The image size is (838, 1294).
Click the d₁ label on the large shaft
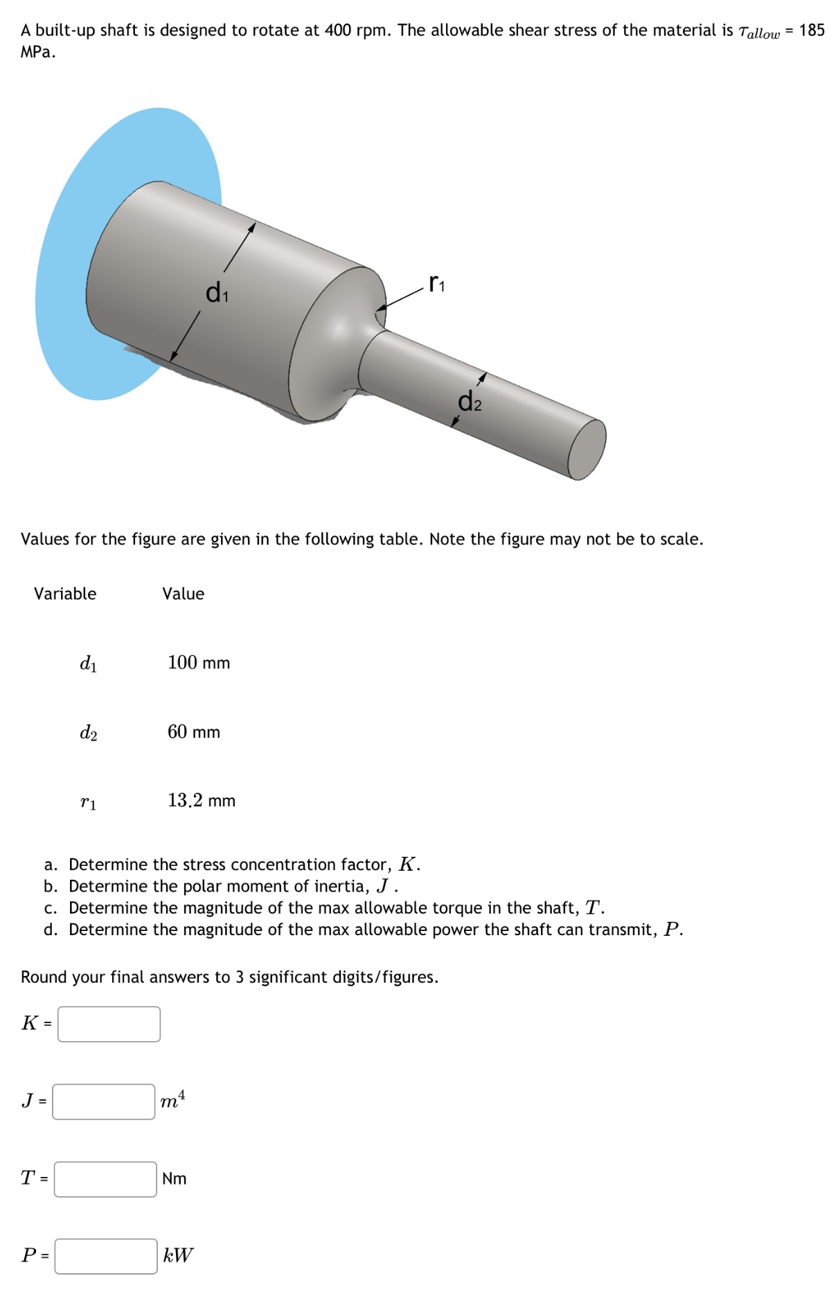pyautogui.click(x=217, y=292)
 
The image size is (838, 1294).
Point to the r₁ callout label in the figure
pyautogui.click(x=437, y=283)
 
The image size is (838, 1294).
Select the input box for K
pyautogui.click(x=109, y=1024)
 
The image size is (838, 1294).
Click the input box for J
pyautogui.click(x=104, y=1101)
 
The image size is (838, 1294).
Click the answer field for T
pyautogui.click(x=105, y=1179)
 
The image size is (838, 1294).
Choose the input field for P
pyautogui.click(x=106, y=1256)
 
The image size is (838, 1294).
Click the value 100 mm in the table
pyautogui.click(x=198, y=663)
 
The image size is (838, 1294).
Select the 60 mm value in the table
pyautogui.click(x=193, y=732)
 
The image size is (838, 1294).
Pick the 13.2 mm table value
pyautogui.click(x=201, y=801)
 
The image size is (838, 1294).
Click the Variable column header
pyautogui.click(x=65, y=594)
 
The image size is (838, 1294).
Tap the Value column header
pyautogui.click(x=183, y=594)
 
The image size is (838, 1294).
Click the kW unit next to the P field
pyautogui.click(x=178, y=1255)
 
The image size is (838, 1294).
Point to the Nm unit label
pyautogui.click(x=174, y=1178)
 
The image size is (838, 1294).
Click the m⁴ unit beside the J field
pyautogui.click(x=172, y=1100)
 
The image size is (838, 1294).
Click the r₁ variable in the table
pyautogui.click(x=88, y=802)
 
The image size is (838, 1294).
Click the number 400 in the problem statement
pyautogui.click(x=338, y=30)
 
